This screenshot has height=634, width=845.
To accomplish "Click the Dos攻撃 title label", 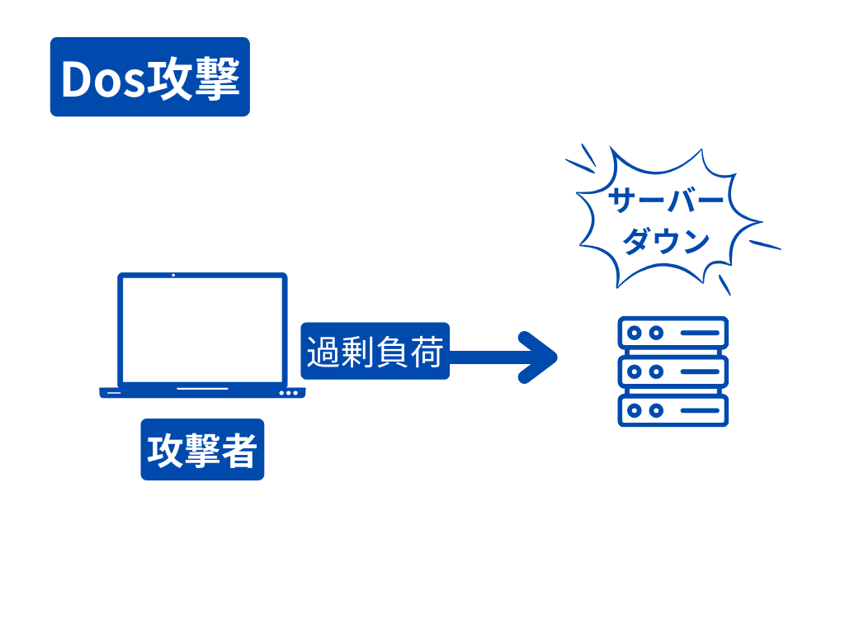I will point(149,77).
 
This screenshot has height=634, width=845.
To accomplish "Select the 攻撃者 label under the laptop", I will point(202,450).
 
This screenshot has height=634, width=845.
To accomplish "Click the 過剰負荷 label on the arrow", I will point(375,351).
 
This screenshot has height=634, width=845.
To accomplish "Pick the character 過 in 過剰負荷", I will point(323,352).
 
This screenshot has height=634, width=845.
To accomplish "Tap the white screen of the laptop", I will point(202,329).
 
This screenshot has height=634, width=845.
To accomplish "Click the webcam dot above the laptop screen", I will point(173,275).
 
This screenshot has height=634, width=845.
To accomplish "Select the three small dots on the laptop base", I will point(289,393).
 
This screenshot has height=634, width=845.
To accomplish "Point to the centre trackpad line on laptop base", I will point(202,388).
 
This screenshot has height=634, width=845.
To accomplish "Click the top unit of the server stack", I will point(673,333).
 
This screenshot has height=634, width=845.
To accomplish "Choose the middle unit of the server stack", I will point(673,371).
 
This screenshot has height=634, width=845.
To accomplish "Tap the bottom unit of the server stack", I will point(673,410).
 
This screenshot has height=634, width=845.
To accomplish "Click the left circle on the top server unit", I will point(635,333).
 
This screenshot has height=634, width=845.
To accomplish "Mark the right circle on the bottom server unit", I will point(656,410).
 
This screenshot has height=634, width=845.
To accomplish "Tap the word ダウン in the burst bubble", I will point(666,242).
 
